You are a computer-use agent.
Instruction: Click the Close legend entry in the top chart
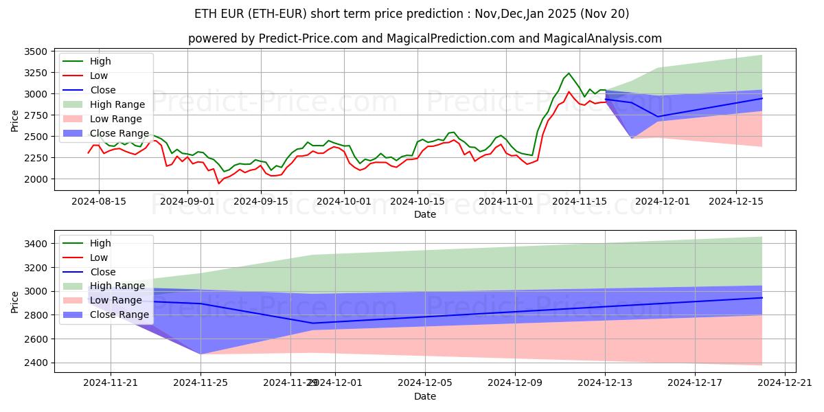[103, 90]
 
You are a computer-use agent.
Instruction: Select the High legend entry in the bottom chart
[100, 243]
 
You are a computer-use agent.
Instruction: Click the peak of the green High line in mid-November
[569, 73]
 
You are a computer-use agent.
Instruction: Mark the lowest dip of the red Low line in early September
[219, 183]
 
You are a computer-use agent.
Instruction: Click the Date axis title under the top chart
[424, 214]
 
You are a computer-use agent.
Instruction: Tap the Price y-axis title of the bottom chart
[15, 301]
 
